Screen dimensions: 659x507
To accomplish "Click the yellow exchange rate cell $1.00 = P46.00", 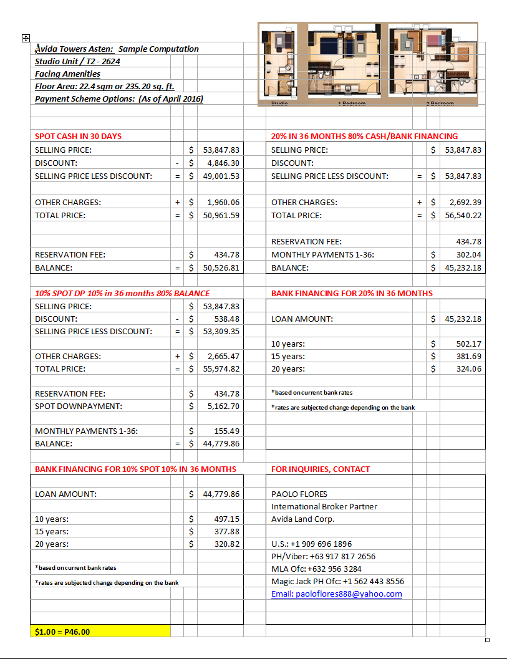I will pos(100,632).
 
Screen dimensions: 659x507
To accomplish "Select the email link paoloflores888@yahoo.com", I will pos(337,594).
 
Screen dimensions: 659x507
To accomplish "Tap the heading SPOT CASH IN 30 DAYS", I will pos(78,136).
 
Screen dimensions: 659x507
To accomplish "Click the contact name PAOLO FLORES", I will pos(299,494).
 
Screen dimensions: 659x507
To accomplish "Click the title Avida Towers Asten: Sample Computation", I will pos(117,49).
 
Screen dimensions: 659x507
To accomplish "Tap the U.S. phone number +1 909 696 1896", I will pos(311,544).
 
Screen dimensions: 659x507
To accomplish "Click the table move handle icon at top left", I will pos(26,38).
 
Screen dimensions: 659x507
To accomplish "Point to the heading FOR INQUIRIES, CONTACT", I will pos(321,469).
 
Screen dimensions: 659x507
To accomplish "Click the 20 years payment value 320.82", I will pos(226,544).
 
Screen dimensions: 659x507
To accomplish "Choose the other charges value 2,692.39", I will pos(465,202).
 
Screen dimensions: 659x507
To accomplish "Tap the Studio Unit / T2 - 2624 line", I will pos(78,61).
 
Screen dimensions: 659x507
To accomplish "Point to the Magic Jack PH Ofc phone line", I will pos(337,581).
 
